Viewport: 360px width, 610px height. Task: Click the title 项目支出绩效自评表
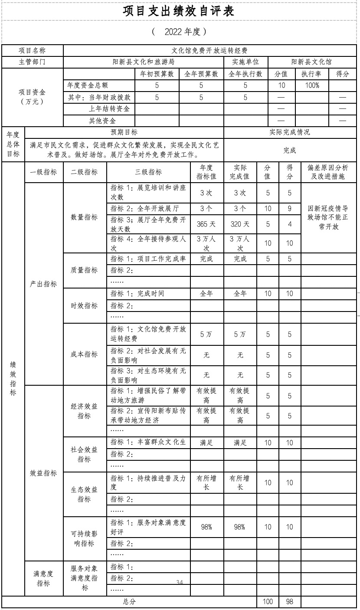[x=179, y=12]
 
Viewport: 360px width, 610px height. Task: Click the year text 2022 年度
[x=179, y=32]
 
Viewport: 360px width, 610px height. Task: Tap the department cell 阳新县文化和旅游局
[x=143, y=62]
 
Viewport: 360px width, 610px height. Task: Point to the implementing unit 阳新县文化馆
[x=311, y=62]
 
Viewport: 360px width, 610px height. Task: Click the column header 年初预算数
[x=157, y=74]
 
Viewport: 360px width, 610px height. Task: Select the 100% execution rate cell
[x=312, y=86]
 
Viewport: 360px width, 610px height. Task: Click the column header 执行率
[x=312, y=74]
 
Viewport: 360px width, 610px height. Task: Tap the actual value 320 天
[x=240, y=224]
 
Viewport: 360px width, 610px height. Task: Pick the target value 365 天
[x=206, y=224]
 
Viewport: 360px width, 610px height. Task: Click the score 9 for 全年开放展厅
[x=290, y=209]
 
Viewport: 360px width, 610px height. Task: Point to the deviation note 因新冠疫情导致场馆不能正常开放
[x=328, y=217]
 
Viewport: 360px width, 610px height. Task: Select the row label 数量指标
[x=85, y=217]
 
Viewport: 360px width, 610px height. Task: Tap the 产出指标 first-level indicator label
[x=43, y=284]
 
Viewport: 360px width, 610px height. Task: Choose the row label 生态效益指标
[x=85, y=494]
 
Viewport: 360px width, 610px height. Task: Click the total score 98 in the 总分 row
[x=290, y=602]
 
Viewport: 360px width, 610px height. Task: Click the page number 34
[x=180, y=582]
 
